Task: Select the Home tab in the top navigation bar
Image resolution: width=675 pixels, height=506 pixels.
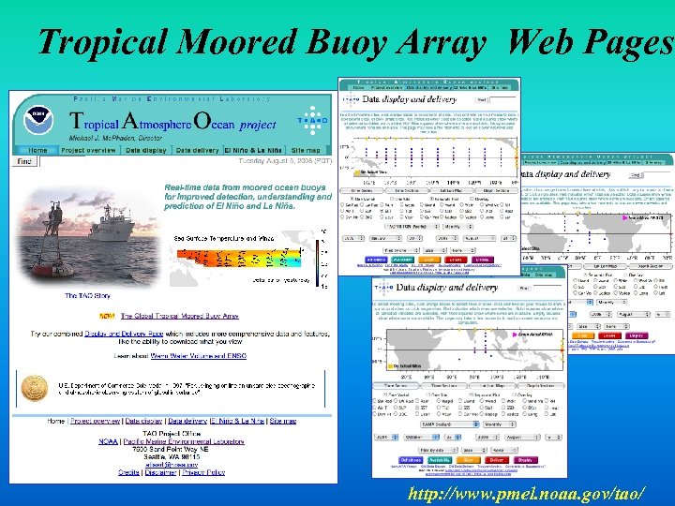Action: click(x=37, y=150)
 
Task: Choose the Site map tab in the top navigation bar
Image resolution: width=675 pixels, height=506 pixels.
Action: click(x=306, y=150)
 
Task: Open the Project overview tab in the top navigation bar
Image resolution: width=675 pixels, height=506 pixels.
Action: click(x=88, y=150)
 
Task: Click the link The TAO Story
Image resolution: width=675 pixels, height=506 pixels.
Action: click(x=87, y=296)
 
